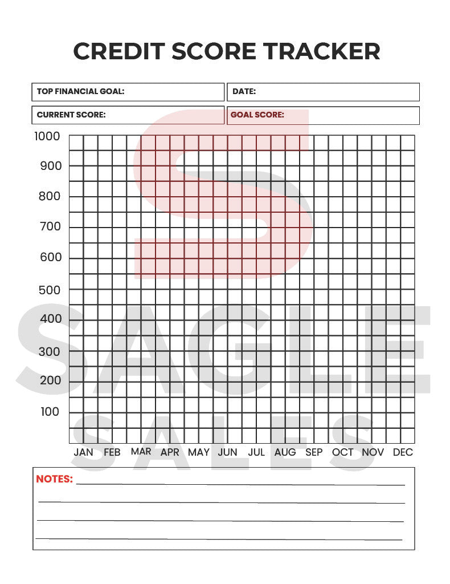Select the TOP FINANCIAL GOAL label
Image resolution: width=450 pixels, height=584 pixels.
pos(80,91)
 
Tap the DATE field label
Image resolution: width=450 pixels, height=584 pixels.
pos(244,91)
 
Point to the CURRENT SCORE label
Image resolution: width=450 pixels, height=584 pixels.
pos(71,115)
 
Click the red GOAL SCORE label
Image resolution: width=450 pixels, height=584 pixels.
pos(257,115)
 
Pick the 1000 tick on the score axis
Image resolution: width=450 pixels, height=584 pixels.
pos(47,136)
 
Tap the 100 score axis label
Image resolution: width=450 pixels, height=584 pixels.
pos(50,412)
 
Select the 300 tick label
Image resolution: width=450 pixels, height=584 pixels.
pos(50,351)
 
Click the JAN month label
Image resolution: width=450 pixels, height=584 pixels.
pos(84,452)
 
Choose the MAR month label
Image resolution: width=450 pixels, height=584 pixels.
pos(141,452)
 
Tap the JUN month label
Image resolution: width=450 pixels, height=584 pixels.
pos(227,452)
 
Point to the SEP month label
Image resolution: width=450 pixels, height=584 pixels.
pos(314,452)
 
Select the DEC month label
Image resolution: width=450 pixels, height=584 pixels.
pos(403,452)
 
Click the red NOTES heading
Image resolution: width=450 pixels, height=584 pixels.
pos(55,479)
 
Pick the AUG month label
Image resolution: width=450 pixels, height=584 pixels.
pos(285,452)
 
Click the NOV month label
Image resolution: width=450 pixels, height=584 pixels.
pos(373,452)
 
